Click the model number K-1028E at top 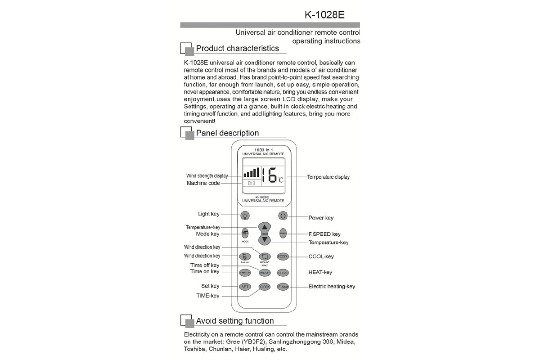coord(324,14)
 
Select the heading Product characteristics coord(237,48)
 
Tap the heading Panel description coord(227,133)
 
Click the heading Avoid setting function coord(234,321)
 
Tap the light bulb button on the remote coord(245,216)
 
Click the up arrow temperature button coord(265,227)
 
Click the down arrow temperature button coord(265,240)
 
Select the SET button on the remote coord(245,286)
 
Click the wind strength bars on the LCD coord(251,172)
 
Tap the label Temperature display coord(328,177)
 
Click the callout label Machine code coord(203,183)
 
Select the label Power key coord(321,218)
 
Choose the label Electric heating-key coord(332,287)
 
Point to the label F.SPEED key coord(324,234)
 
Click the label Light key coord(209,214)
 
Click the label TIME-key coord(208,296)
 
